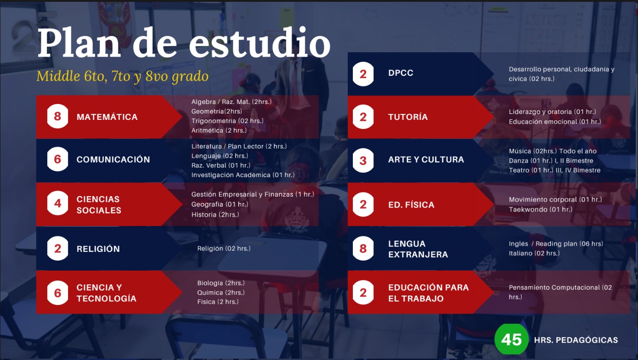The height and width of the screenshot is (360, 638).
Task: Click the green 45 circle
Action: [512, 339]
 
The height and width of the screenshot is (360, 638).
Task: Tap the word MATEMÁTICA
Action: [107, 117]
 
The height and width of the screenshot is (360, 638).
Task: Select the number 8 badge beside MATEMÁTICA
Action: [58, 116]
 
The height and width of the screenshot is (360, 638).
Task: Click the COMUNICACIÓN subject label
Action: [113, 159]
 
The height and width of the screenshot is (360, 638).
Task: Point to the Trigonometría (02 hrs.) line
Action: [228, 121]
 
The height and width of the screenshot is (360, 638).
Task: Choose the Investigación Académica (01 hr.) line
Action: [243, 175]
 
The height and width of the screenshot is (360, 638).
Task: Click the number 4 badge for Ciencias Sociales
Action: [58, 203]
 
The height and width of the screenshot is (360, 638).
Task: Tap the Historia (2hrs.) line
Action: [215, 214]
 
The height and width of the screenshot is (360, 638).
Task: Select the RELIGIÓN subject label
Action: [98, 249]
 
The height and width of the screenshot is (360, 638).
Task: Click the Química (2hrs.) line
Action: [221, 292]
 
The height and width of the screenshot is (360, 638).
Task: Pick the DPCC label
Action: [401, 73]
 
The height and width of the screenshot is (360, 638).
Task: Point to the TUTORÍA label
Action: [408, 117]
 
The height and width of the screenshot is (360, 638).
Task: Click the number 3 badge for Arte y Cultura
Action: [363, 160]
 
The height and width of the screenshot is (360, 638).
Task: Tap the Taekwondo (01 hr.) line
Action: [540, 209]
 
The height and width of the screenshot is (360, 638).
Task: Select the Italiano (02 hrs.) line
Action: [534, 253]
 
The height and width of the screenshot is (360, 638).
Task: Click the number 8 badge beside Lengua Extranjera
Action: [363, 248]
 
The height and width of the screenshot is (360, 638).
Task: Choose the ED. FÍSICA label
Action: [411, 204]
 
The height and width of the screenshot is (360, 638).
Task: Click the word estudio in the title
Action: [259, 43]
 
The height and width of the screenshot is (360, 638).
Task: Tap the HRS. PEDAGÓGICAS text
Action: [576, 340]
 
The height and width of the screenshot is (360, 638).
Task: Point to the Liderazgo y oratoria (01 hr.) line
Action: [552, 112]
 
